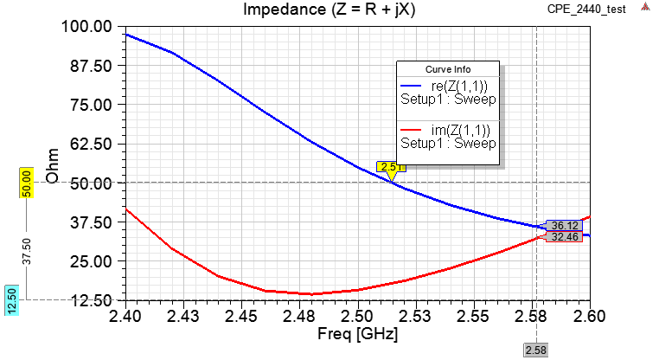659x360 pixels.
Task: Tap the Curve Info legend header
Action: pos(448,69)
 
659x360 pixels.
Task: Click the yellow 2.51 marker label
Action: pos(391,167)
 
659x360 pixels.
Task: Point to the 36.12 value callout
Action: pos(563,225)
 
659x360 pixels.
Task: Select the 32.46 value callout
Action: pos(563,236)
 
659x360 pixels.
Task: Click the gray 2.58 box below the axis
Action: pos(536,350)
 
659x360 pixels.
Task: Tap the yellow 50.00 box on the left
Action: pos(26,183)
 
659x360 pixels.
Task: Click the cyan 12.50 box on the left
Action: pos(12,300)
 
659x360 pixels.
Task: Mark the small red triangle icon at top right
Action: pos(645,7)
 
